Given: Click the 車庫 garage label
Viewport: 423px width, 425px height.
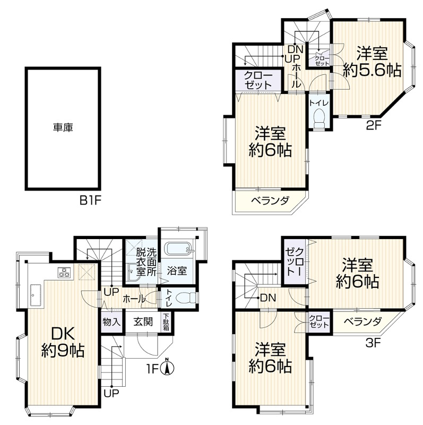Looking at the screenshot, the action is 63,127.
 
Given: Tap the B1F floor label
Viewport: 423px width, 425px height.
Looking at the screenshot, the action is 90,201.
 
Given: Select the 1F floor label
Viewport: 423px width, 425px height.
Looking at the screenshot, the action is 152,369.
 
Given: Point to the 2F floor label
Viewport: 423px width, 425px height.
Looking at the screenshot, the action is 374,125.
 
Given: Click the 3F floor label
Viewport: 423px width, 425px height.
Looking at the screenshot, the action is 373,343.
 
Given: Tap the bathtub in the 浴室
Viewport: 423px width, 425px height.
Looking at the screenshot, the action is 178,248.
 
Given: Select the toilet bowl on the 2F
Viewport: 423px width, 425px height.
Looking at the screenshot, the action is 319,117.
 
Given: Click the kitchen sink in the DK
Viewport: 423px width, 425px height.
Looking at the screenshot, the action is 36,295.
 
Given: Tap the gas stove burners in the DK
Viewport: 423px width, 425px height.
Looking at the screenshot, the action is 65,272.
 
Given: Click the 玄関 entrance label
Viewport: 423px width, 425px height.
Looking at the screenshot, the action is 143,322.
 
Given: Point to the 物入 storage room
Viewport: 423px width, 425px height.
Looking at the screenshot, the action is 111,322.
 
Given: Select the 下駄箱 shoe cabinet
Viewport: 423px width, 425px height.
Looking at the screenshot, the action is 166,322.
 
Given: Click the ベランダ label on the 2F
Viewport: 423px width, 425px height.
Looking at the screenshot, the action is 270,201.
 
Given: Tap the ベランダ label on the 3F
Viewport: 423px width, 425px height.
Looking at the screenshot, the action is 363,321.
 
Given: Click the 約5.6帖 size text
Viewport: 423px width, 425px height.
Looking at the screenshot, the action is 372,71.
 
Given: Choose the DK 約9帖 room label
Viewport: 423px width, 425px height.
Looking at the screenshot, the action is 63,342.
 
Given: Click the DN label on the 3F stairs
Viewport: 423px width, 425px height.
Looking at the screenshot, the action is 268,298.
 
